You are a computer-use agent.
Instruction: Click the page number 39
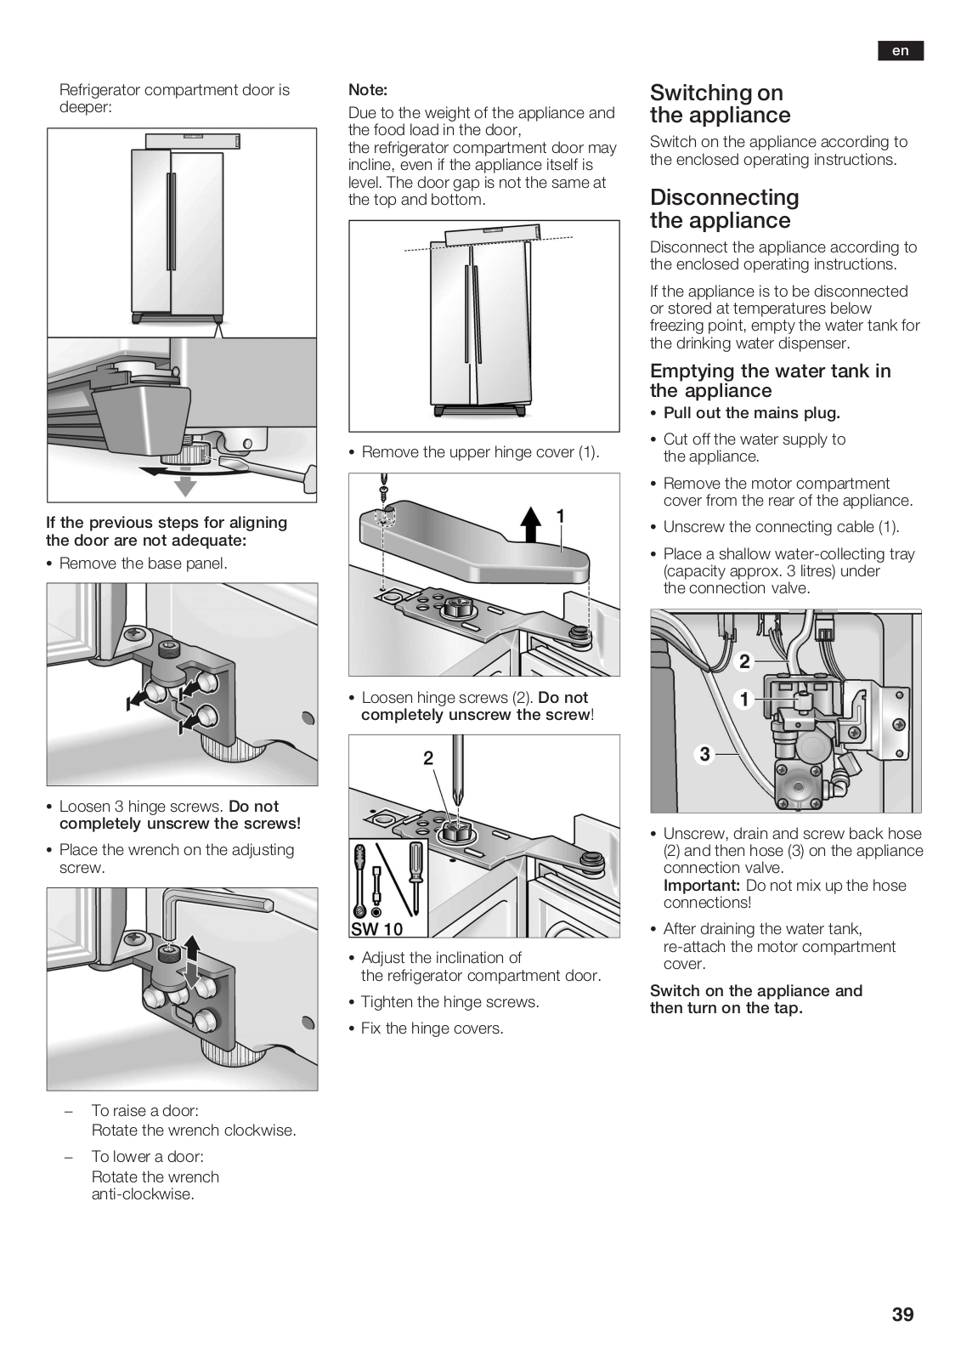coord(902,1314)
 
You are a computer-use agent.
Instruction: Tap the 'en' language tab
coord(900,51)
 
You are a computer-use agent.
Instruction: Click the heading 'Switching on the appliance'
coord(720,104)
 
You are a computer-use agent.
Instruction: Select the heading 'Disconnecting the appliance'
coord(724,209)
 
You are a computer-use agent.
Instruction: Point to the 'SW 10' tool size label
coord(376,928)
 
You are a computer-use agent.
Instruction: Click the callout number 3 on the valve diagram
coord(704,754)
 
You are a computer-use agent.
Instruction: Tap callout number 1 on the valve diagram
coord(744,700)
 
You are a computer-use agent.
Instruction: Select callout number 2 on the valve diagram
coord(744,661)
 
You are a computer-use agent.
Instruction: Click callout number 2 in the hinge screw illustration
coord(428,757)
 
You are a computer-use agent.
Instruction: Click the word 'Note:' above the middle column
coord(368,89)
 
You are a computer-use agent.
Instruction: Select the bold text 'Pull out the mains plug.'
coord(751,413)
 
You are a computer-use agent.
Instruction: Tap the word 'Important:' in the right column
coord(701,886)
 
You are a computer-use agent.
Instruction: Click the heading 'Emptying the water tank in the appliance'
coord(770,381)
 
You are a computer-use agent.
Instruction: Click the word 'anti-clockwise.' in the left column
coord(143,1194)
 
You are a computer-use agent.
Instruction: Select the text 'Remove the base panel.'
coord(143,563)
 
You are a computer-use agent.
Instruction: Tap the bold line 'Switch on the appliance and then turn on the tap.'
coord(755,1000)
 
